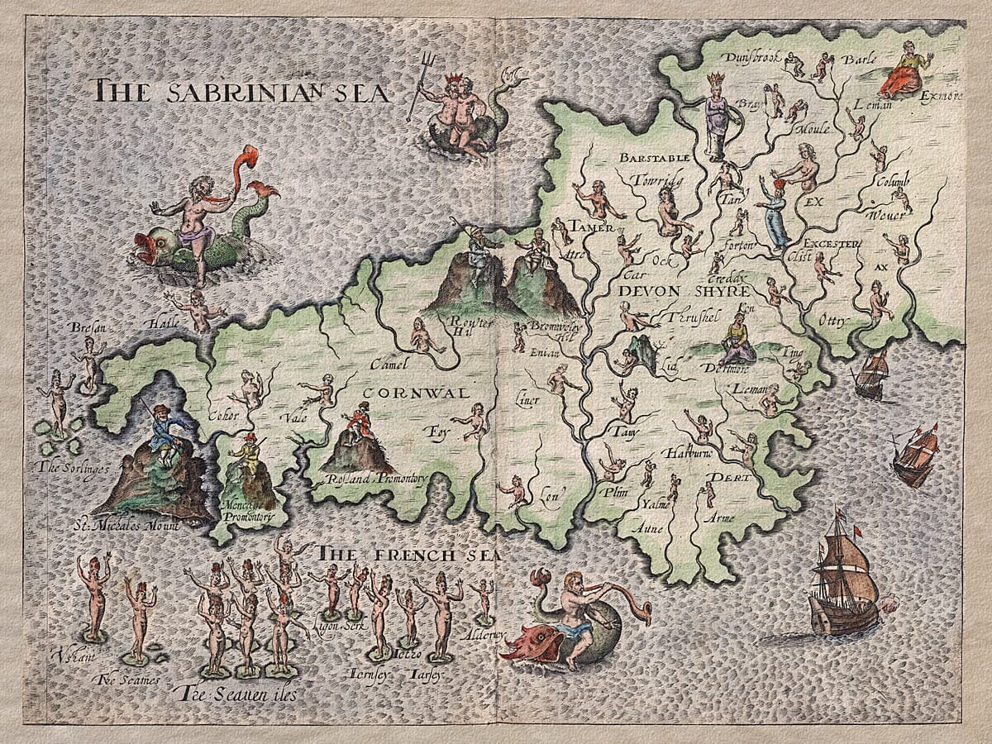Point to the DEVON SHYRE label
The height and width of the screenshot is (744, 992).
coord(683,292)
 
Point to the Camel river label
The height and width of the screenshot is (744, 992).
coord(384,364)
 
